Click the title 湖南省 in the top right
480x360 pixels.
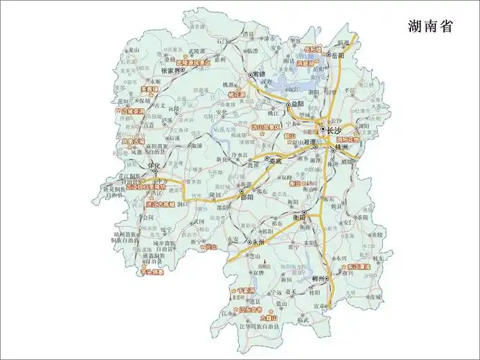click(430, 27)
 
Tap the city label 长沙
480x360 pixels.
click(332, 130)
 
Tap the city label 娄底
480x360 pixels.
click(276, 161)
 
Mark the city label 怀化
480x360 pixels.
click(152, 165)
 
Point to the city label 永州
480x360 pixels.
click(257, 243)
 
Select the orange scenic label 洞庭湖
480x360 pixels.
click(308, 64)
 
